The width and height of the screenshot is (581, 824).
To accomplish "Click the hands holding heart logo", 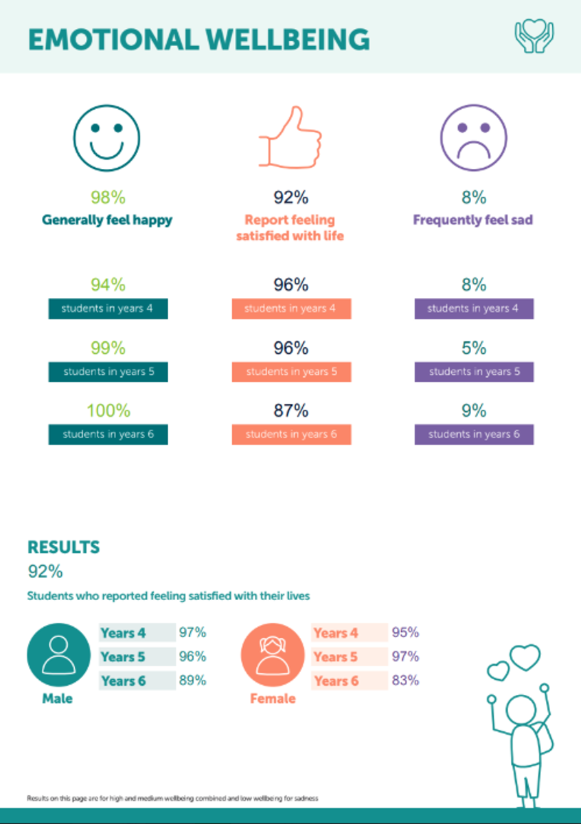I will pyautogui.click(x=534, y=36).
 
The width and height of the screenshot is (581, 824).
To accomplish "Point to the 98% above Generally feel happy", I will pyautogui.click(x=108, y=198).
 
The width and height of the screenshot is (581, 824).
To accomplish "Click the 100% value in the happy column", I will pyautogui.click(x=108, y=411).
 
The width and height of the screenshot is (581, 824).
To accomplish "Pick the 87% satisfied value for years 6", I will pyautogui.click(x=291, y=411).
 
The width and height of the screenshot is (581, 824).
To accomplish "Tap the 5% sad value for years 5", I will pyautogui.click(x=474, y=348).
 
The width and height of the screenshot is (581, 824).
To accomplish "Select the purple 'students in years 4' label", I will pyautogui.click(x=474, y=309).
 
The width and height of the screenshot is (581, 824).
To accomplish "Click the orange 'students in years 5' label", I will pyautogui.click(x=291, y=371).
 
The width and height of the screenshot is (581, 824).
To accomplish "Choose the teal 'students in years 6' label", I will pyautogui.click(x=108, y=435).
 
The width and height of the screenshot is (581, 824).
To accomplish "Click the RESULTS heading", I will pyautogui.click(x=63, y=547).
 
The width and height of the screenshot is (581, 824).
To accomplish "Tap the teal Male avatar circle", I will pyautogui.click(x=58, y=656).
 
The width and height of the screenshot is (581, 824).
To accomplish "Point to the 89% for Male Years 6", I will pyautogui.click(x=192, y=680).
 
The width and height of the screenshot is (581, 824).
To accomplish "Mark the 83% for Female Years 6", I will pyautogui.click(x=405, y=680).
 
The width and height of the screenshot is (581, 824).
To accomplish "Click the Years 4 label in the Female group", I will pyautogui.click(x=336, y=633).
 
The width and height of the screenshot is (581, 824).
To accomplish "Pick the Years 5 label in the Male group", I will pyautogui.click(x=124, y=657).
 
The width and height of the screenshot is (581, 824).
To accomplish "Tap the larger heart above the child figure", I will pyautogui.click(x=526, y=657).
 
